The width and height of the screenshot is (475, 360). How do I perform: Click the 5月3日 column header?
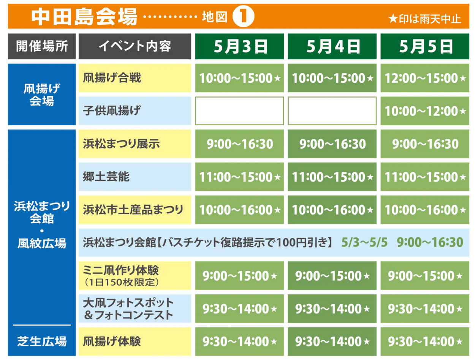239,46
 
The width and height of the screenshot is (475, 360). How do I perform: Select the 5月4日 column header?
332,46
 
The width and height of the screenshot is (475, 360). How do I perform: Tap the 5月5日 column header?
425,46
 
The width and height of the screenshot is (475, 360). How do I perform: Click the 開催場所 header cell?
42,46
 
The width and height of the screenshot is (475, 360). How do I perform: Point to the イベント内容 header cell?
135,46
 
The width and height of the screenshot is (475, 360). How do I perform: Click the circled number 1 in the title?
243,16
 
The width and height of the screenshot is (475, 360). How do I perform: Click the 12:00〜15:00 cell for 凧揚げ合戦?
425,78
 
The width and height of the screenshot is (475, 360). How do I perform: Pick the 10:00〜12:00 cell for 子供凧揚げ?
425,111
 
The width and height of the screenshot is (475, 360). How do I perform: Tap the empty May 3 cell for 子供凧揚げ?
239,111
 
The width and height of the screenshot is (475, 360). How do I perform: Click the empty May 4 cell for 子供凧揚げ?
332,111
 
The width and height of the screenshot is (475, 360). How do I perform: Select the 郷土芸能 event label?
106,177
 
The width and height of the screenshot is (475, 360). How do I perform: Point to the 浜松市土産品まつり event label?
133,210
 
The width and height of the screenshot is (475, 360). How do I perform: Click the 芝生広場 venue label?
42,341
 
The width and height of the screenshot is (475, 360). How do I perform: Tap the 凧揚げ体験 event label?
112,341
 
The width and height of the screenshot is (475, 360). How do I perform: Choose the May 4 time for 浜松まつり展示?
332,144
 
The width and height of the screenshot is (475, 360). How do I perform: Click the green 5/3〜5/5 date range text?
364,242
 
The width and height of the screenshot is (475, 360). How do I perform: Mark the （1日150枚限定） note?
121,282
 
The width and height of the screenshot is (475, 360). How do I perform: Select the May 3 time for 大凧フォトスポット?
239,308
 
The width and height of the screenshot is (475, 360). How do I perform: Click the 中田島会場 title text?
84,16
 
